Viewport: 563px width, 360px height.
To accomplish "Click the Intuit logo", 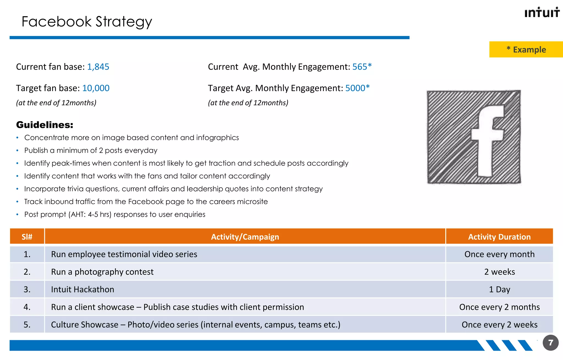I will point(542,13).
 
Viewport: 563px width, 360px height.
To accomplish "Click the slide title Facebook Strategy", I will point(87,22).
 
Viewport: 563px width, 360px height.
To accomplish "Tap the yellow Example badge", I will point(526,50).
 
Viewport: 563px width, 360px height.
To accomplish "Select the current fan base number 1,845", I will point(98,67).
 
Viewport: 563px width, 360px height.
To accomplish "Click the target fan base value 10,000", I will point(96,88).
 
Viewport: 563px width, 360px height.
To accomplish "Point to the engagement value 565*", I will point(362,67).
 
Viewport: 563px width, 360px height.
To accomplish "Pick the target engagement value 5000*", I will point(357,88).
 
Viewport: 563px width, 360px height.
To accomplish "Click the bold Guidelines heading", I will point(45,125).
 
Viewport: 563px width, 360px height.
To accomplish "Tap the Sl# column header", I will point(27,237).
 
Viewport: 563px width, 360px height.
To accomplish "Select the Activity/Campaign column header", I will point(245,237).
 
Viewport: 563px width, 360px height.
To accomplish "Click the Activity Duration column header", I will point(499,237).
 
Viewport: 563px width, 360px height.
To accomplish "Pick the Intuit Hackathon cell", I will point(82,290).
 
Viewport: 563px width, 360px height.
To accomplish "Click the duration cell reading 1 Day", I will point(499,290).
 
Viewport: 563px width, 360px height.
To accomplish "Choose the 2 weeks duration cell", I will point(499,272).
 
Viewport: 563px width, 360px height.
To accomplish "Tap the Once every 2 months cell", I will point(499,307).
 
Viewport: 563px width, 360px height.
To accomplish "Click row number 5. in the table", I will point(27,325).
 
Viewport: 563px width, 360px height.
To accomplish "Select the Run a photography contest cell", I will point(102,272).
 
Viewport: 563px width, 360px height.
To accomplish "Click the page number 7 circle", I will point(550,343).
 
